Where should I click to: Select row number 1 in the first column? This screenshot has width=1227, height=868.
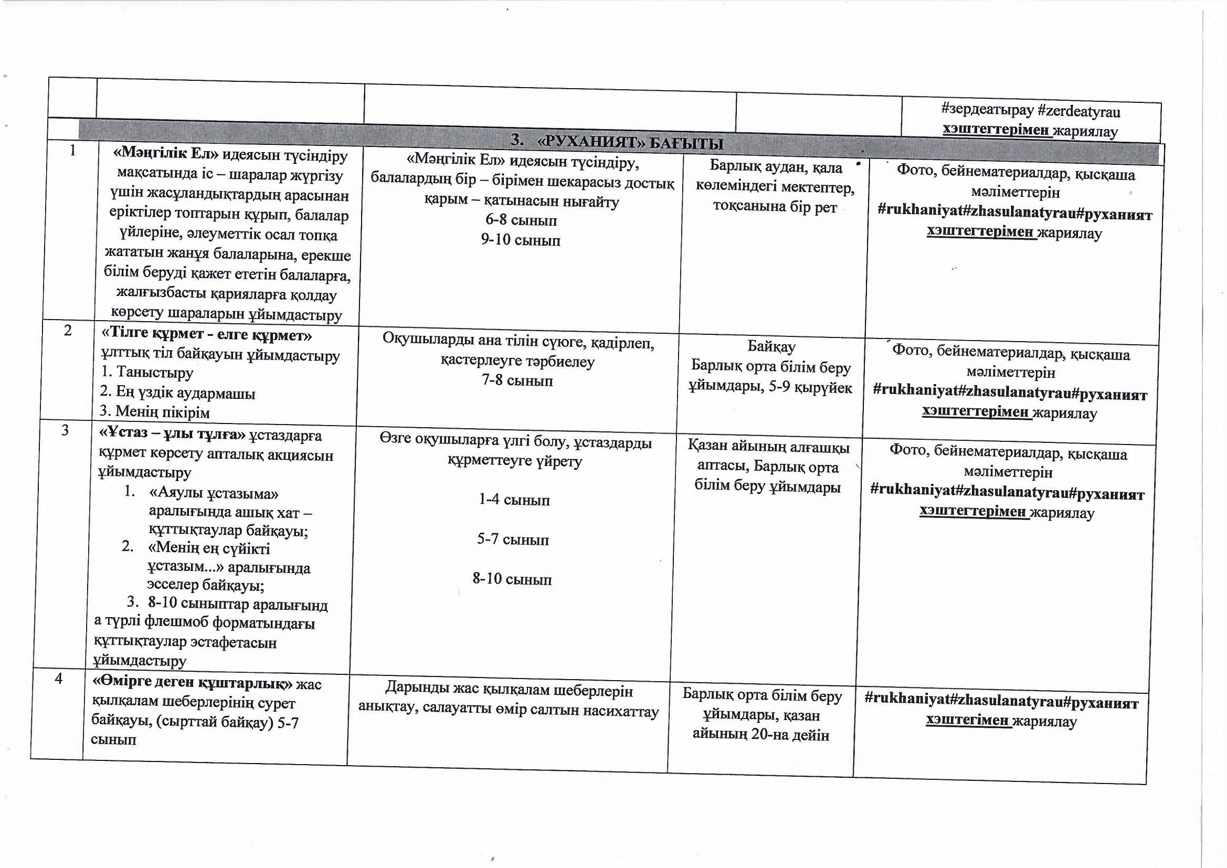pos(72,151)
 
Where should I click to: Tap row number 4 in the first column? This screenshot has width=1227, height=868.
pos(58,679)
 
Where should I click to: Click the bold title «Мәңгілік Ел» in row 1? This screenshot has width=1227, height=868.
pos(166,154)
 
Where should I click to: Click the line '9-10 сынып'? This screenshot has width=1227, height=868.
pos(521,240)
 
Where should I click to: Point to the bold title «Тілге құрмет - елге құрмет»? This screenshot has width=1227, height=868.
pos(206,335)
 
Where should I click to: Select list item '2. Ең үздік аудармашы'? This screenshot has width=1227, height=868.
pos(177,393)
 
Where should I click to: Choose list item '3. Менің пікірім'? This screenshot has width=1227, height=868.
pos(155,412)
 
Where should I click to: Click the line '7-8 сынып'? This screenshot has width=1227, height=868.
pos(517,380)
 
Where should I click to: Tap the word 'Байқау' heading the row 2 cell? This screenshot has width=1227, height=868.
pos(771,346)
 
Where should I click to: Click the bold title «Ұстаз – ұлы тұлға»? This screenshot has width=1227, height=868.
pos(172,435)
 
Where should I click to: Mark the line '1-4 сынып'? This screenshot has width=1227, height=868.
pos(514,500)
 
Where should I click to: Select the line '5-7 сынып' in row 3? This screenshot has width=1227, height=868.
pos(513,539)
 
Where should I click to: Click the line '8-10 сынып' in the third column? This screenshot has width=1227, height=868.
pos(512,579)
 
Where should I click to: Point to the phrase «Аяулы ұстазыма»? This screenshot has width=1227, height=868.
pos(214,493)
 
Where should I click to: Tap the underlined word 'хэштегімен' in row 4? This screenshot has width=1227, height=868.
pos(968,721)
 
